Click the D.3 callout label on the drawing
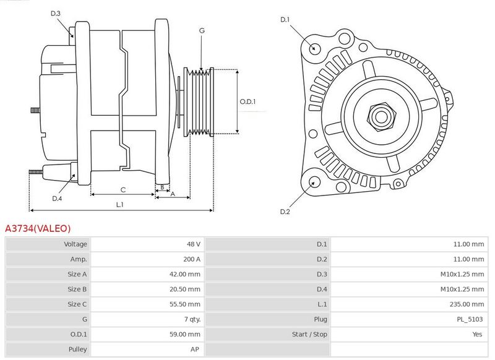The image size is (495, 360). point(55,13)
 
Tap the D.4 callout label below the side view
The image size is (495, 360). point(57,199)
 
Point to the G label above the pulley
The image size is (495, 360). point(202,30)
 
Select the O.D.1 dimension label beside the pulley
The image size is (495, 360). point(247,101)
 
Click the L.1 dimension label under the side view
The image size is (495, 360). point(119,205)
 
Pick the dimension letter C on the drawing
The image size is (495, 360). point(123,190)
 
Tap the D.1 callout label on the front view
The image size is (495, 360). point(285,20)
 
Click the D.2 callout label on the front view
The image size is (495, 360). point(285,212)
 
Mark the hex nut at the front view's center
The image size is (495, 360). point(381,116)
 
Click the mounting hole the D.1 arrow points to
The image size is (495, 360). point(314,49)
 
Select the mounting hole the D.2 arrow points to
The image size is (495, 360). point(314,182)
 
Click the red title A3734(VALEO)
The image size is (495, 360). point(38,228)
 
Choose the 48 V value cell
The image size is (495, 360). point(193,244)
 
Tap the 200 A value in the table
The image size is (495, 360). point(192,259)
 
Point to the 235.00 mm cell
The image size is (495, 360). point(467,304)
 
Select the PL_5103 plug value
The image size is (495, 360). point(470,319)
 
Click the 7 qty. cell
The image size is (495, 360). point(192,319)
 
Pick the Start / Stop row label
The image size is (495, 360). point(309,334)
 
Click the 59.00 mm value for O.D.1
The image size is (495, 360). point(184,334)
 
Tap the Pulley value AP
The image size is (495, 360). point(195,349)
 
